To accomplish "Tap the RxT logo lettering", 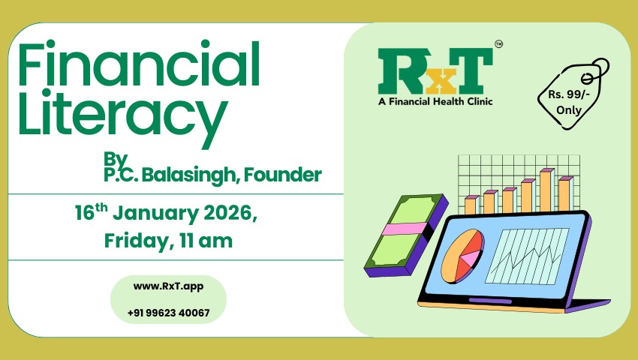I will click(435, 70).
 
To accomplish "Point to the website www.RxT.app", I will click(167, 286).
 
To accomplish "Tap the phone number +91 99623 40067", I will click(168, 312).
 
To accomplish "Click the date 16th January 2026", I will click(166, 213).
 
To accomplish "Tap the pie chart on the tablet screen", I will click(461, 256).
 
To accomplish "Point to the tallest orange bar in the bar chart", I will click(546, 190).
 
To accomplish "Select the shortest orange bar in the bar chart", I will click(471, 203).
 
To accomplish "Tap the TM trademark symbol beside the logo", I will click(499, 45).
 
